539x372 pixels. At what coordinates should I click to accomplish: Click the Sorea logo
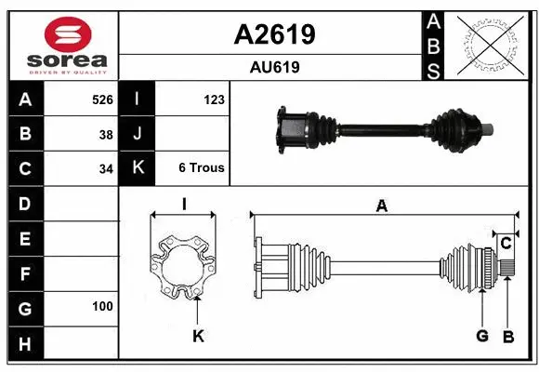coord(63,46)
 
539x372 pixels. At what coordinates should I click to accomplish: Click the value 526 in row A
coord(102,99)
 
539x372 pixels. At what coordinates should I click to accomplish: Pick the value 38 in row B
coord(106,134)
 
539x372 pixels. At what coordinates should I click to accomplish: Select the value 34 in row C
coord(106,169)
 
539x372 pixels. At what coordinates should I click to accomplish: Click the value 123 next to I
coord(214,99)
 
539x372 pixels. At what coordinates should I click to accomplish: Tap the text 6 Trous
coord(202,169)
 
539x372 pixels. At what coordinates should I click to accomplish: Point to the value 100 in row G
coord(102,306)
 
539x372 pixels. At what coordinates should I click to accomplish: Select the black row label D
coord(24,204)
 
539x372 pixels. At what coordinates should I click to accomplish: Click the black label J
coord(138,134)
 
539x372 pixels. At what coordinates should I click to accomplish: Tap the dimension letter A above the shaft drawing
coord(381,206)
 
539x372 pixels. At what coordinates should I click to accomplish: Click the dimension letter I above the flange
coord(184,205)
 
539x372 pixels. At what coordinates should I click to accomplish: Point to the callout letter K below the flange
coord(198,336)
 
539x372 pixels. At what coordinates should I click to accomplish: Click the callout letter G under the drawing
coord(482,336)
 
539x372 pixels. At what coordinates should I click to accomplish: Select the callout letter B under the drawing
coord(507,336)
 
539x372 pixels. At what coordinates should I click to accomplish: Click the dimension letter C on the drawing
coord(506,244)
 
